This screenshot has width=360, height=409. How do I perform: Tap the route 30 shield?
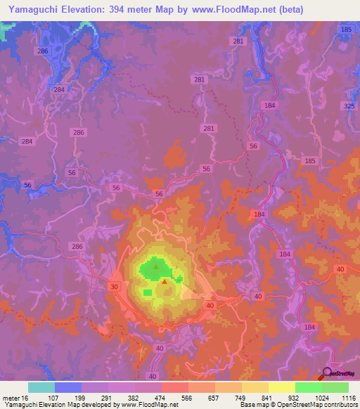pyautogui.click(x=115, y=287)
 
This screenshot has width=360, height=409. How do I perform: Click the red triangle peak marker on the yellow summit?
pyautogui.click(x=165, y=281)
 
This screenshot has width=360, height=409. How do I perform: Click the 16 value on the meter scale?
pyautogui.click(x=26, y=398)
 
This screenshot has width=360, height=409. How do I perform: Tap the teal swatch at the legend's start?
pyautogui.click(x=41, y=387)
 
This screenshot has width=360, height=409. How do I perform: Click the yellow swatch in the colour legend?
pyautogui.click(x=282, y=387)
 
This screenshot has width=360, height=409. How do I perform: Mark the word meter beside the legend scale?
pyautogui.click(x=11, y=398)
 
